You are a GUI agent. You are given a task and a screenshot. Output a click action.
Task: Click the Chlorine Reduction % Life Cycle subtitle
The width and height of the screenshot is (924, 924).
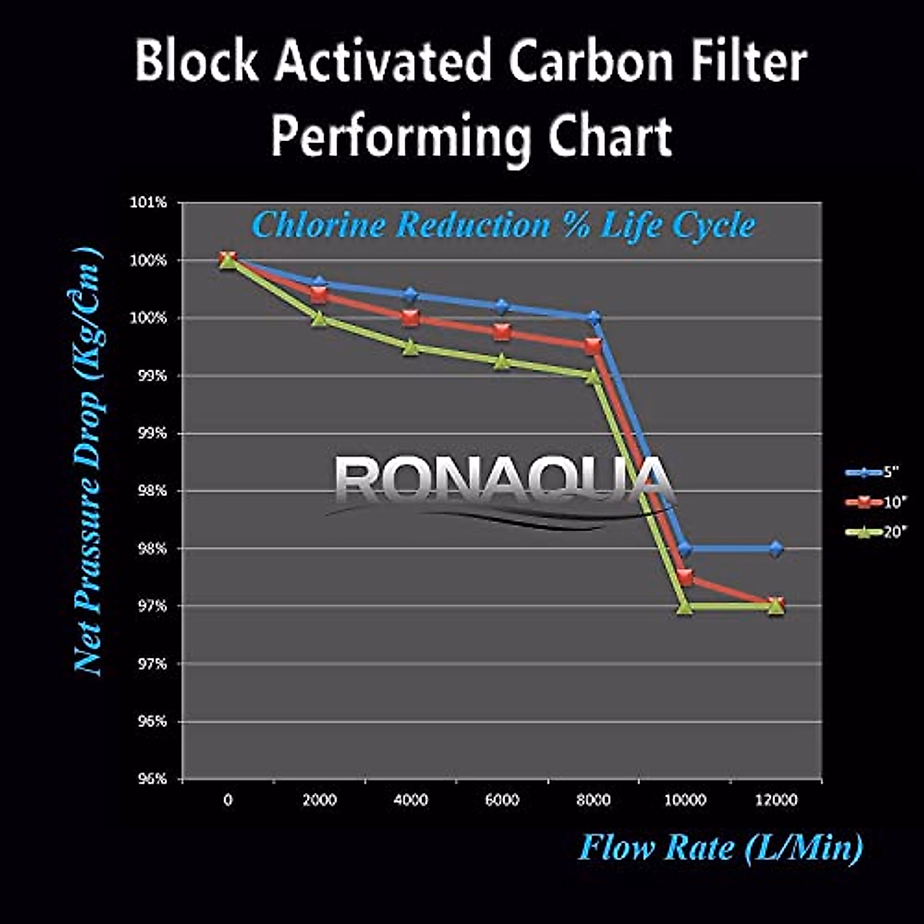pyautogui.click(x=504, y=226)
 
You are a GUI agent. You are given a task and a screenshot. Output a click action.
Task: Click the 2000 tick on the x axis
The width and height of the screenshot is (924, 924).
pyautogui.click(x=319, y=801)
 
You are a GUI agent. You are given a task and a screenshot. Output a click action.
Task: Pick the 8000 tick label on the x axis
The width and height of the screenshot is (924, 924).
pyautogui.click(x=593, y=801)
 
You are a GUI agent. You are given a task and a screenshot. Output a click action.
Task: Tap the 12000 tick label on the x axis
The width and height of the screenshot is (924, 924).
pyautogui.click(x=775, y=801)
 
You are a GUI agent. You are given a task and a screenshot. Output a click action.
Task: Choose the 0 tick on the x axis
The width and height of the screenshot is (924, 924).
pyautogui.click(x=228, y=801)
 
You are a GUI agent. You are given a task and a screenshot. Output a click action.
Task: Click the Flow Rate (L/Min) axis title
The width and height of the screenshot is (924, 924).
pyautogui.click(x=720, y=849)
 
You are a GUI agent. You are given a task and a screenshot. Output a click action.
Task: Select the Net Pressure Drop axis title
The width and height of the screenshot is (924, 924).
pyautogui.click(x=89, y=462)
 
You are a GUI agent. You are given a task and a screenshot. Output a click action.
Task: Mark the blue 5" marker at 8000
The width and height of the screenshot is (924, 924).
pyautogui.click(x=593, y=318)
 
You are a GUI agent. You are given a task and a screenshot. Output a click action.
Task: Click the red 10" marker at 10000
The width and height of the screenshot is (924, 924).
pyautogui.click(x=685, y=577)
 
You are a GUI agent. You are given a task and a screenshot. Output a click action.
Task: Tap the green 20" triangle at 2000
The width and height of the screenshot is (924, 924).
pyautogui.click(x=319, y=318)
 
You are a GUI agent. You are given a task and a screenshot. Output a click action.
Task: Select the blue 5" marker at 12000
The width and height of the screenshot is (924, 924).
pyautogui.click(x=775, y=549)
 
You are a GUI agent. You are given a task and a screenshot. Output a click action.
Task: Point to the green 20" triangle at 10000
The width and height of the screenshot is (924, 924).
pyautogui.click(x=685, y=607)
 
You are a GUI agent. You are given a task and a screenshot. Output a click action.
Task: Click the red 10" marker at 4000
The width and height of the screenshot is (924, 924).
pyautogui.click(x=410, y=318)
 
